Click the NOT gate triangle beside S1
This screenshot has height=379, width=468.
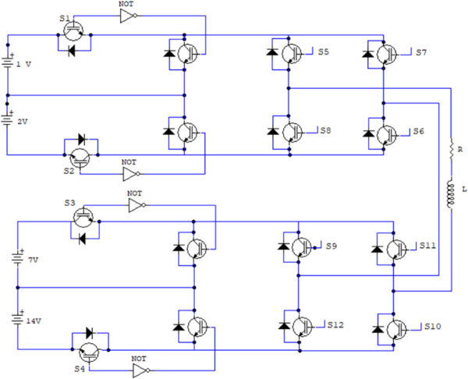coord(128,16)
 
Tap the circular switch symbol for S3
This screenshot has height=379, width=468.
coord(83,217)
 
